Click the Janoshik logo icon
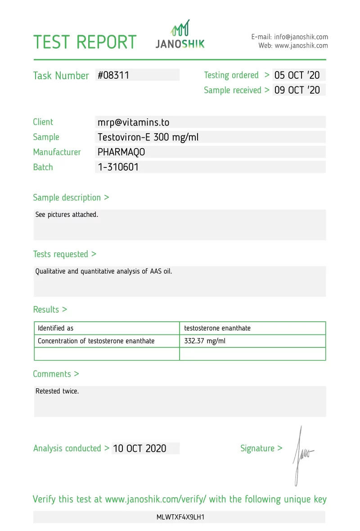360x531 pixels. click(180, 28)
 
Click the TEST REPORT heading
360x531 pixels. click(85, 42)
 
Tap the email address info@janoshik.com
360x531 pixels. click(301, 37)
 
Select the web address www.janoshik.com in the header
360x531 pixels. click(301, 45)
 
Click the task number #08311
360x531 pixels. click(113, 75)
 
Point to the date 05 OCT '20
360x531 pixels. click(297, 75)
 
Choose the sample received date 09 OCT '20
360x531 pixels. click(297, 90)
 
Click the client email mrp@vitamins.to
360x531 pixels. click(133, 122)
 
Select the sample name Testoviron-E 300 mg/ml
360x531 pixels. click(148, 137)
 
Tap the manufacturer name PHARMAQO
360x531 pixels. click(121, 152)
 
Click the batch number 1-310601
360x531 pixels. click(118, 167)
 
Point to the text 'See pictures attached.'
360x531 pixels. click(67, 215)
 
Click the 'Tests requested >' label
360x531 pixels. click(64, 254)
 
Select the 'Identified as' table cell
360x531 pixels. click(55, 328)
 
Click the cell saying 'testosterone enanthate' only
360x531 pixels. click(217, 328)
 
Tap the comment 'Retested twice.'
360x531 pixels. click(57, 391)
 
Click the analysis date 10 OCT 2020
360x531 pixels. click(139, 448)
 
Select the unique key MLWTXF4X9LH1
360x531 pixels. click(180, 517)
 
